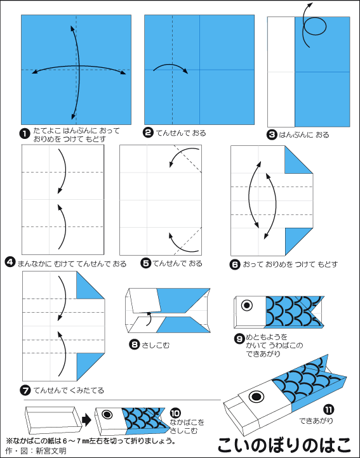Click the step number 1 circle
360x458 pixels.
tap(25, 134)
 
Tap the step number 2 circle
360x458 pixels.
tap(149, 133)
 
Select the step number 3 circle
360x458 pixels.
tap(272, 134)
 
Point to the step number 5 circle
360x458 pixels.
tap(145, 263)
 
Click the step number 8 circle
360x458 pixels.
tap(134, 345)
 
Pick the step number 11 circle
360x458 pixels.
tap(328, 410)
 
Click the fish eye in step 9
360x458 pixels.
tap(247, 305)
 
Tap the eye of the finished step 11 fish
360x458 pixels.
tap(256, 396)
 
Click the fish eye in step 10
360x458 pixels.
tap(107, 414)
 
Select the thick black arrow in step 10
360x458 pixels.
tap(86, 421)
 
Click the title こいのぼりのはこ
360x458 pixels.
tap(284, 445)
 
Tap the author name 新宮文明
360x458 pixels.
tap(51, 450)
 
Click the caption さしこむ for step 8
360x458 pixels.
tap(156, 345)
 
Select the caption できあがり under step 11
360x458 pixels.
tap(316, 421)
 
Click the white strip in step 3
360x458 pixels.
tap(281, 72)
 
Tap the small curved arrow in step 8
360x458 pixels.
tap(149, 319)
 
